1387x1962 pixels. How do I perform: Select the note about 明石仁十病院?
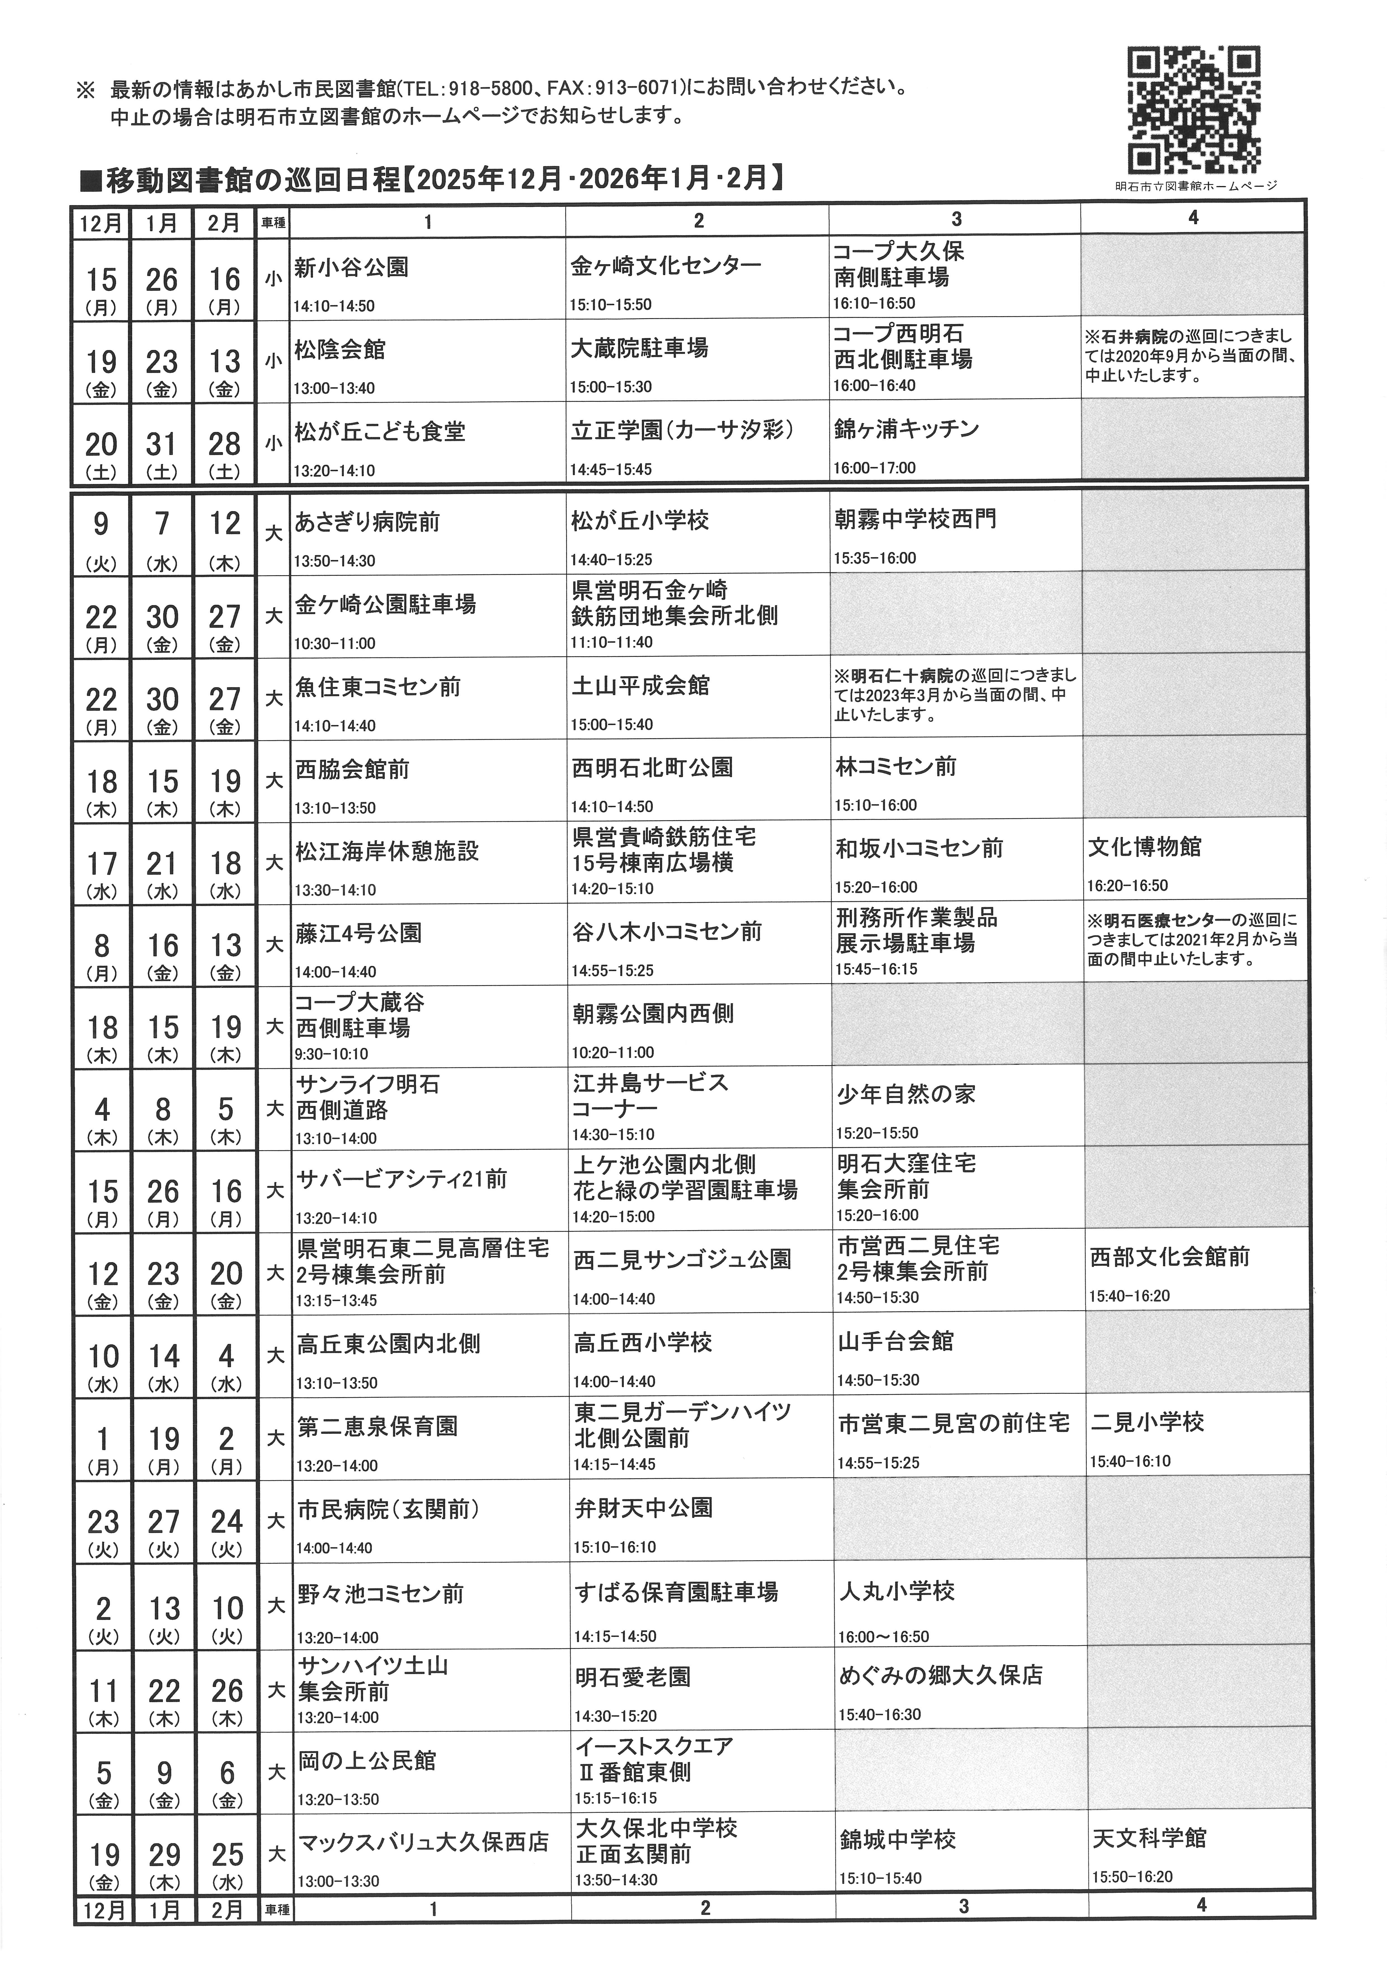[955, 694]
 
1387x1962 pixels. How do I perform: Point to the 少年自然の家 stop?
[906, 1095]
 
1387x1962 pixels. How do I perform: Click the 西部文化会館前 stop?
[1169, 1257]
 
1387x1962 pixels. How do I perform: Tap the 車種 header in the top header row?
[273, 223]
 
